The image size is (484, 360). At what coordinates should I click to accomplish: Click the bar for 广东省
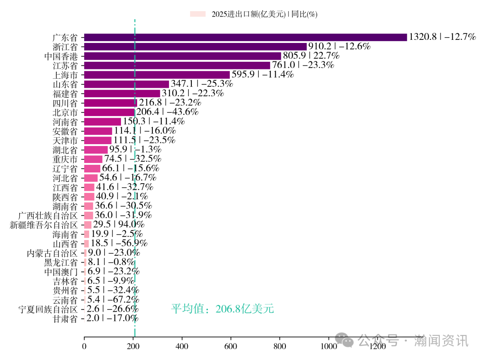point(245,37)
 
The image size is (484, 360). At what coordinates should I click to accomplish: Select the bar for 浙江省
point(195,47)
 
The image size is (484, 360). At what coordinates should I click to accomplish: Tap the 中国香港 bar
point(182,56)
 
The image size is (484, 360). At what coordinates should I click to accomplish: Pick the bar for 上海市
point(157,75)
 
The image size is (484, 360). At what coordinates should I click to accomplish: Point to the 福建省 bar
point(122,94)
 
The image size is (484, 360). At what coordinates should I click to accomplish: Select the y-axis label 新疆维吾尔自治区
point(44,225)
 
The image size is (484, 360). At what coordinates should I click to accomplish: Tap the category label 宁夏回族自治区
point(48,309)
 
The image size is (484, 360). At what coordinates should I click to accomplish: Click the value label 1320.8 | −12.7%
point(442,37)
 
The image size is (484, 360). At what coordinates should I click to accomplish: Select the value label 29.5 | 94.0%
point(118,225)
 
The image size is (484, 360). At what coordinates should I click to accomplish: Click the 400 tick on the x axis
point(182,347)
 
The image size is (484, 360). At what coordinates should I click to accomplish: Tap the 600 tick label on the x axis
point(231,347)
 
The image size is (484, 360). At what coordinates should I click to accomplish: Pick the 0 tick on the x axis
point(84,347)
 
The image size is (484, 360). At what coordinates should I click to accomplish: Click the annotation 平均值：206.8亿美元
point(222,309)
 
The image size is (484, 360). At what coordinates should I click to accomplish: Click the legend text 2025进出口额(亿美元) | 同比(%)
point(264,14)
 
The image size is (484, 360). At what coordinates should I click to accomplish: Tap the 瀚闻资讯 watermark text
point(441,341)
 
